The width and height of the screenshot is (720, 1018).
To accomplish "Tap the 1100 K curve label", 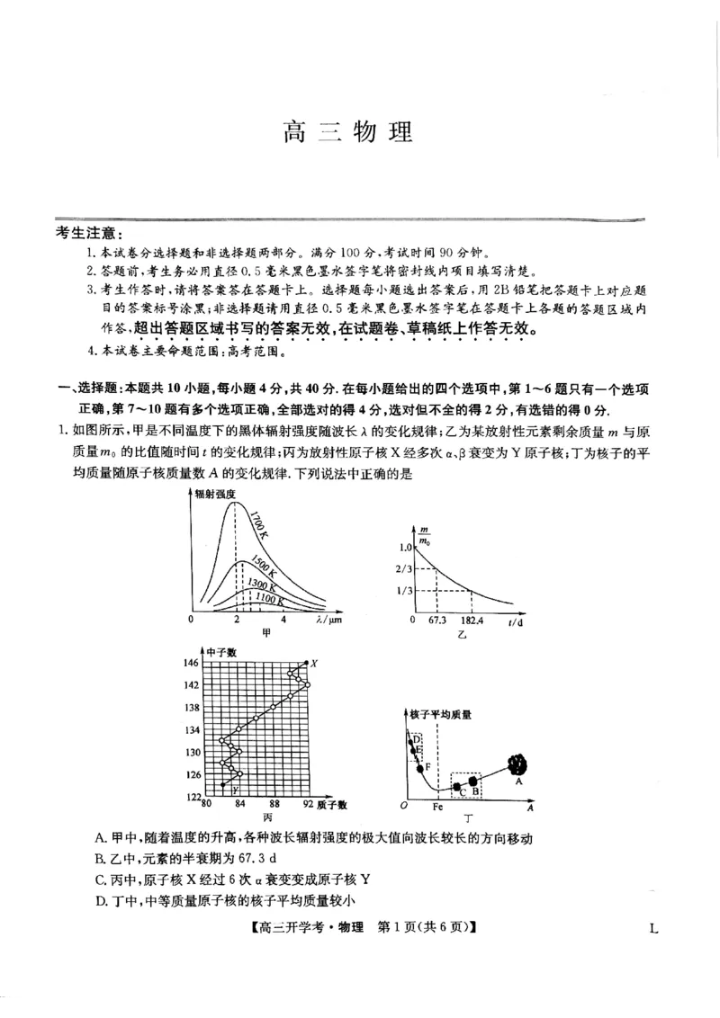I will pos(270,597).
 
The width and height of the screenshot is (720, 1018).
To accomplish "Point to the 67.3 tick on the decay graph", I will pos(437,621).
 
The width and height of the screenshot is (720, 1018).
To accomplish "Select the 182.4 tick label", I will pos(471,621).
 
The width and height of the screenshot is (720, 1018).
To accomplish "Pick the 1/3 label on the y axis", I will pos(402,590).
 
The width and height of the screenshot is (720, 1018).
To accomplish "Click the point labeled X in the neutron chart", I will pos(314,663).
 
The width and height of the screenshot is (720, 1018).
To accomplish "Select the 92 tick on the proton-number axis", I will pos(308,804).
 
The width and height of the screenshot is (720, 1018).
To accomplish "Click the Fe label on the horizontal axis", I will pos(438,808).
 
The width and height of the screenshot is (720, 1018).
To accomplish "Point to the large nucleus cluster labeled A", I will pos(517,764).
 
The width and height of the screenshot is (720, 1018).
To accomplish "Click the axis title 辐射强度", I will pos(218,494).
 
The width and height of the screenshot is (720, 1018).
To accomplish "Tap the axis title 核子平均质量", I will pos(440,714).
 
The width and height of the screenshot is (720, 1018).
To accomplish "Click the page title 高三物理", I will pos(347,132).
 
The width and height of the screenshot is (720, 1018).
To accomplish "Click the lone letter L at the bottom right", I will pos(653,928).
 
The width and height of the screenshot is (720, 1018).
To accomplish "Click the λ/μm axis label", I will pos(330,621).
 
